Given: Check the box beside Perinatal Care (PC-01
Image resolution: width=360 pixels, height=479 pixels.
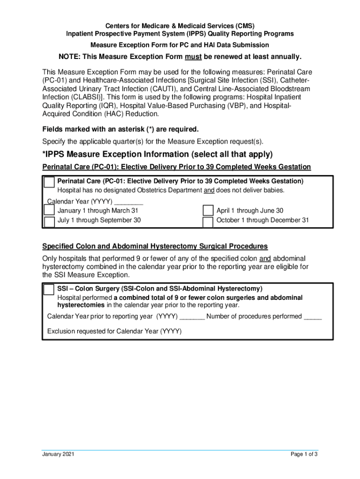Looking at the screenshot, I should pos(49,182).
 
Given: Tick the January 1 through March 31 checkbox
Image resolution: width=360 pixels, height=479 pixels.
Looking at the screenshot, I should pos(49,211).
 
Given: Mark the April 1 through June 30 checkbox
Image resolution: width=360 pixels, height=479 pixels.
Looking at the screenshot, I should pos(208,211).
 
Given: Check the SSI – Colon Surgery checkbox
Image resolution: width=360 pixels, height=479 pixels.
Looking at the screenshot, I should pos(49,290).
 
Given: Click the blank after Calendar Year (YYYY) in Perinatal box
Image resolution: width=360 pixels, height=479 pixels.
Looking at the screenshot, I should pos(129,203).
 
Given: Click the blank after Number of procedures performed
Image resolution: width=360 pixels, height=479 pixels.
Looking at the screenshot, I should pos(313,317).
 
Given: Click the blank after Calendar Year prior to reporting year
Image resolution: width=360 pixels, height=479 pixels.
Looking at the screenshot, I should pos(192,317).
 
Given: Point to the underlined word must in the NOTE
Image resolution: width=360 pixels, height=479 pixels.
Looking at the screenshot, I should pos(193,57).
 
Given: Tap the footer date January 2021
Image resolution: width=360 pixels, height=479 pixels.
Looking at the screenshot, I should pos(58,454).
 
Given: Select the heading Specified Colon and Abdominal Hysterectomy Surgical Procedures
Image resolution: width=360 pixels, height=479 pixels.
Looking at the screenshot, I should pos(155,246).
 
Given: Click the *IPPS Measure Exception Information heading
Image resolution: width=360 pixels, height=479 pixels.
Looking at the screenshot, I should pos(157,154).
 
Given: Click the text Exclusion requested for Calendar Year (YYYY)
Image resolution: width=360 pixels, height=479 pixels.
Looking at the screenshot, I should pos(115,332).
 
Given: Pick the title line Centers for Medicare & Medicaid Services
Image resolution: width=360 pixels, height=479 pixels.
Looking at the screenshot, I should pos(180,26).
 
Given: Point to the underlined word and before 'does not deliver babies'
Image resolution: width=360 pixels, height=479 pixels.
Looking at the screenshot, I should pos(209,190).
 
